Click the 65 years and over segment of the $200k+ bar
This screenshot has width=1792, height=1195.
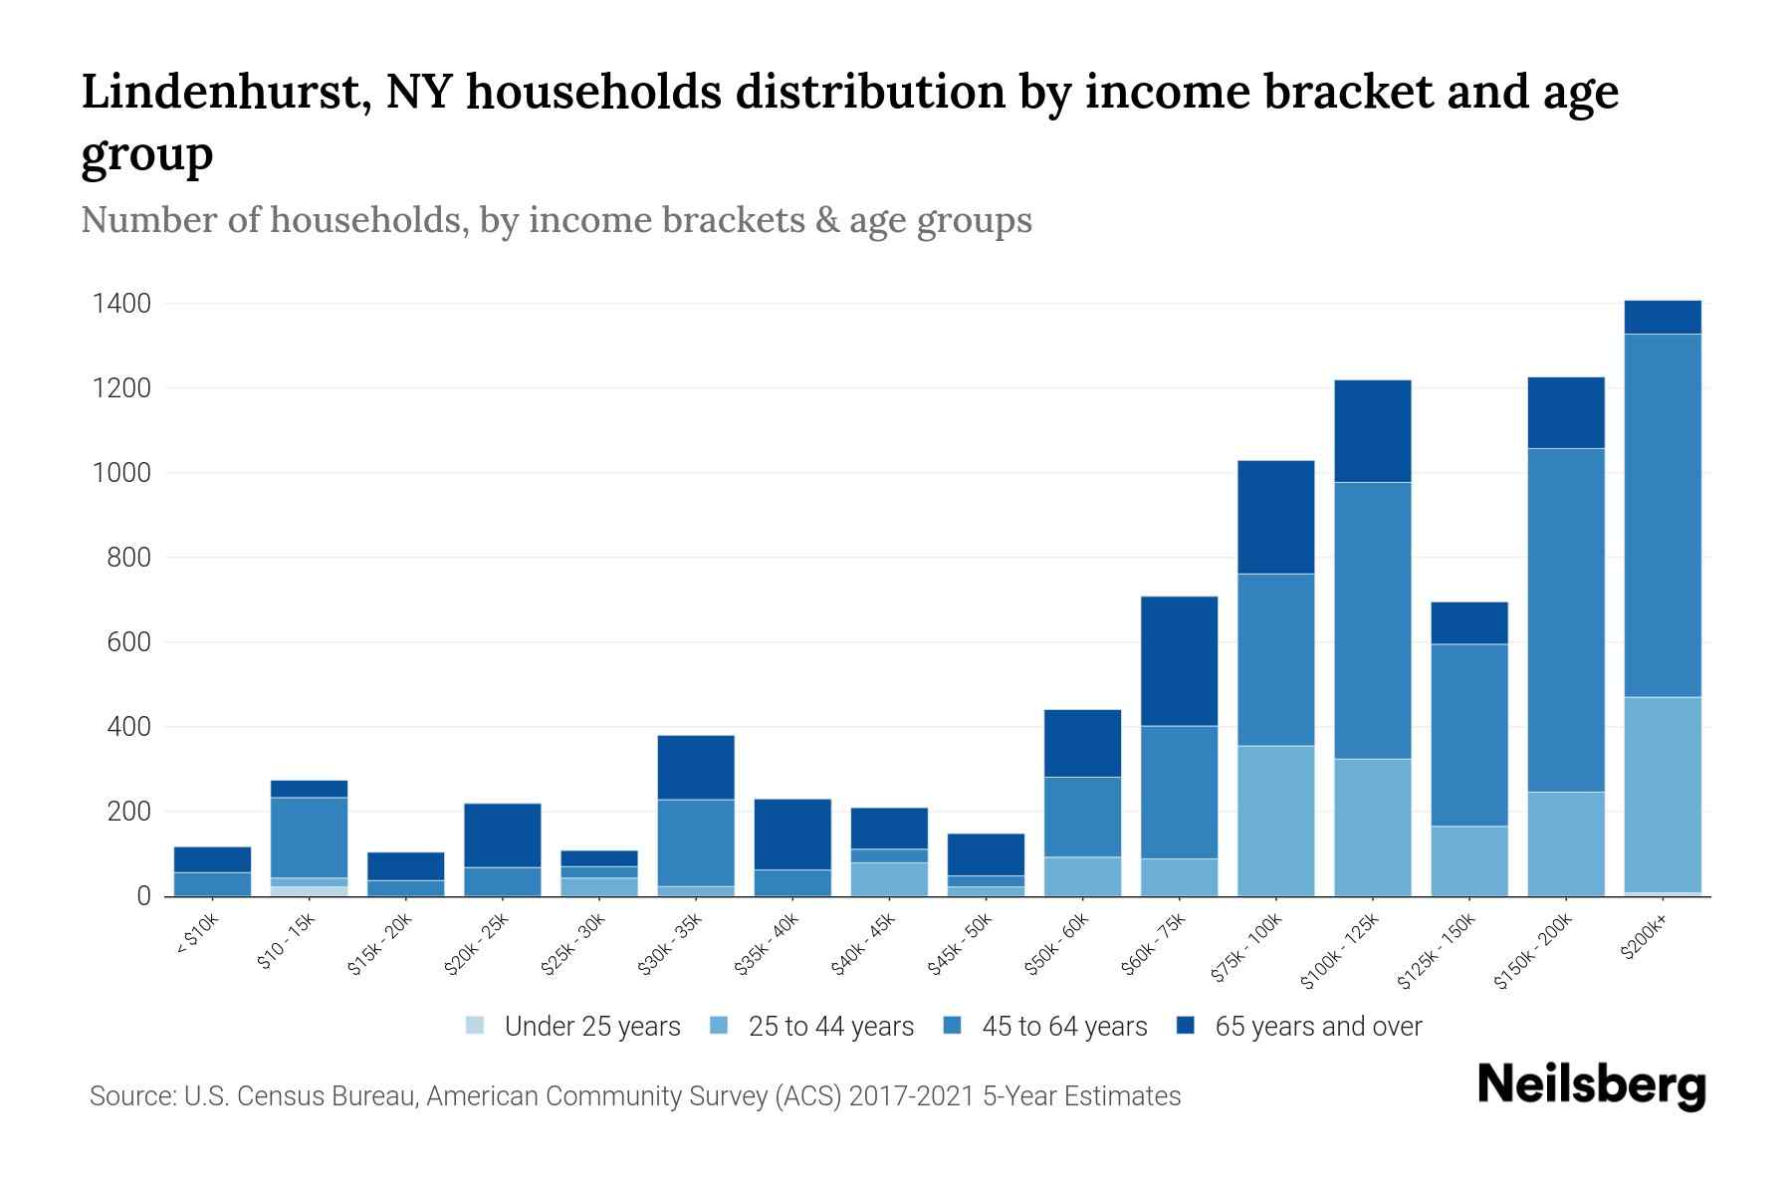1663,318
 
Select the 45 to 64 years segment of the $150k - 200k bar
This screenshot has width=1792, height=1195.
1566,619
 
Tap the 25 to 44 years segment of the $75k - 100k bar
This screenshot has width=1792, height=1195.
1275,821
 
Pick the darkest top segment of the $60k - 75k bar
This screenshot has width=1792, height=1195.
1179,660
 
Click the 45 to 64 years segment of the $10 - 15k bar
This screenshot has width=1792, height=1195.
309,837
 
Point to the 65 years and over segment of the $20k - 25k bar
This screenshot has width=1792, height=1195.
502,836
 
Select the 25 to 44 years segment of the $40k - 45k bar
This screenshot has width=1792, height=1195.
889,878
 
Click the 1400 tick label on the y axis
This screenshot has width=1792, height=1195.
121,304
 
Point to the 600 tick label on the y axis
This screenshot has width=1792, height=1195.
129,642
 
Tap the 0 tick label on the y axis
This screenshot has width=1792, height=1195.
144,896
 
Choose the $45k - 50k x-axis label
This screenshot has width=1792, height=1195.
960,946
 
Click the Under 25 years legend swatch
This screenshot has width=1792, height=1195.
475,1025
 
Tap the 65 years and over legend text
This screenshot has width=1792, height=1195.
1318,1027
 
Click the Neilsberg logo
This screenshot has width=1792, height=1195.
1591,1086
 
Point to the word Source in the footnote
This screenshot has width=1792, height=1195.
130,1096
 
